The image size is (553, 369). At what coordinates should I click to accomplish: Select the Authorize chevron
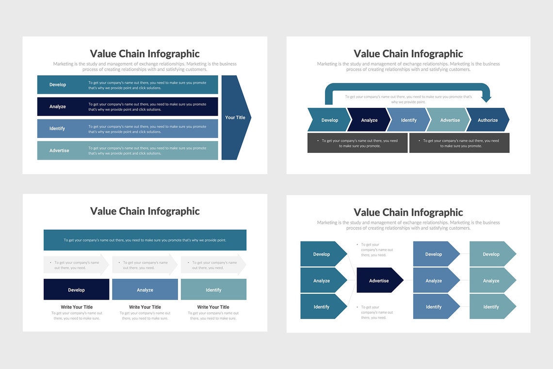click(487, 120)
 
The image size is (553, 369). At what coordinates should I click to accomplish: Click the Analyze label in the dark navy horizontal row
click(58, 107)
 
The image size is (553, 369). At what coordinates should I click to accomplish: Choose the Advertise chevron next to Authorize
click(449, 120)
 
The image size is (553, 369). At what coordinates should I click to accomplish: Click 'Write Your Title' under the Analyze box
click(145, 307)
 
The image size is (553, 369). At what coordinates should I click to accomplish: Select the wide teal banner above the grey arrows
click(145, 240)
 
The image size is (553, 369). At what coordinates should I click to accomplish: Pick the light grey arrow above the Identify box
click(213, 265)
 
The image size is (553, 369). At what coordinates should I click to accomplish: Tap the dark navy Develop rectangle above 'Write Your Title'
click(76, 290)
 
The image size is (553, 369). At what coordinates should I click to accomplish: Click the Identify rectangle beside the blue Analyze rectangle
click(213, 290)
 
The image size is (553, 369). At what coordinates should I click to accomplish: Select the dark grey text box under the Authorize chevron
click(459, 143)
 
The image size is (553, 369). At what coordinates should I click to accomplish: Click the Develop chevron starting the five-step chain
click(329, 120)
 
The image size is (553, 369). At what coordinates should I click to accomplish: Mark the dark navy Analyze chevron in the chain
click(369, 120)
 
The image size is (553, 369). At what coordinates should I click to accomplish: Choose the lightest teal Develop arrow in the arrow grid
click(491, 254)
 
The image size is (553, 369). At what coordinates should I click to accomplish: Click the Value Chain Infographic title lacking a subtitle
click(145, 211)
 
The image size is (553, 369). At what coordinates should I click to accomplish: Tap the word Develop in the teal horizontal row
click(58, 84)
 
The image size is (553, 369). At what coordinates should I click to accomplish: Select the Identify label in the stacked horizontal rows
click(57, 129)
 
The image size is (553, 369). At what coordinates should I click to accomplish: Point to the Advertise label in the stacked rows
click(59, 151)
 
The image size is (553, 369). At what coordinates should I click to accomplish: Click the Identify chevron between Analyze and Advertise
click(408, 120)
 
